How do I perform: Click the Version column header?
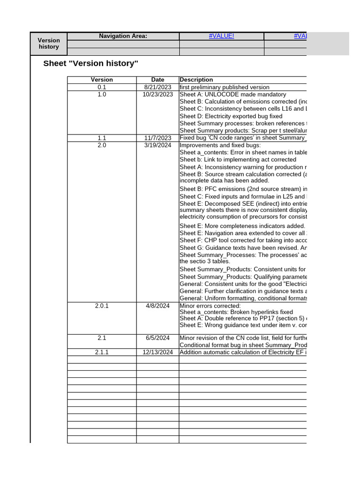click(x=102, y=80)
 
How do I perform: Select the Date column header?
click(x=157, y=80)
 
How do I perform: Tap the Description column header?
click(x=196, y=80)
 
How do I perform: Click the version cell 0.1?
click(x=102, y=87)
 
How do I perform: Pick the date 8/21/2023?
click(x=157, y=87)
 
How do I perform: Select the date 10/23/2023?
click(x=157, y=94)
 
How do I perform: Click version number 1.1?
click(x=102, y=138)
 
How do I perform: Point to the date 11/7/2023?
click(x=157, y=138)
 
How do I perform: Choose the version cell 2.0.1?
click(x=102, y=306)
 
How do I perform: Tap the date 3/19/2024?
click(x=157, y=145)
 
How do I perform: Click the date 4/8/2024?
click(x=157, y=306)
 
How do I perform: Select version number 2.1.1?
click(x=102, y=352)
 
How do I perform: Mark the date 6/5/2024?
click(x=157, y=338)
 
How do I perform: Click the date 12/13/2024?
click(x=157, y=352)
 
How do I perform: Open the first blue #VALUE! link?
click(x=221, y=36)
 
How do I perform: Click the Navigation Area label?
click(x=123, y=36)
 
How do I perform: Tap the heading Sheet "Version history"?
click(x=90, y=64)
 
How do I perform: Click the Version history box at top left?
click(x=49, y=44)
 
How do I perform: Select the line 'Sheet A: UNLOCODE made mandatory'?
click(x=232, y=94)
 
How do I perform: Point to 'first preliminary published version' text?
click(x=225, y=87)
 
